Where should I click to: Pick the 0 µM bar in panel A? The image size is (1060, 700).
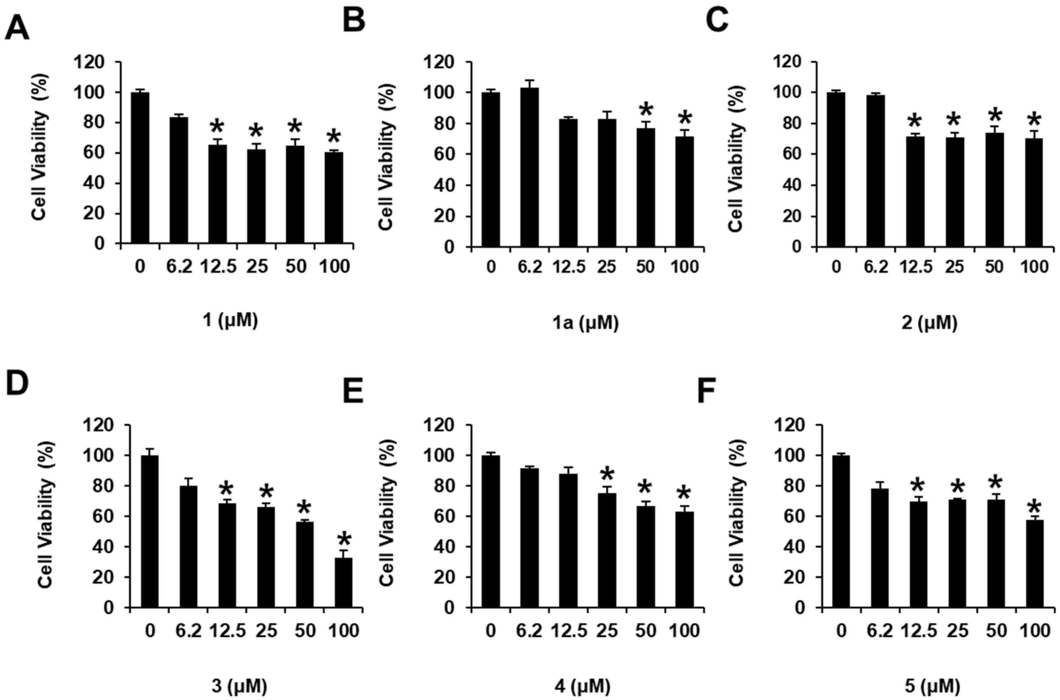point(140,167)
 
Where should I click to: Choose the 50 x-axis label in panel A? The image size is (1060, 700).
point(295,266)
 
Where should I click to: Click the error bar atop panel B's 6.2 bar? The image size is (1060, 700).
point(530,84)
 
